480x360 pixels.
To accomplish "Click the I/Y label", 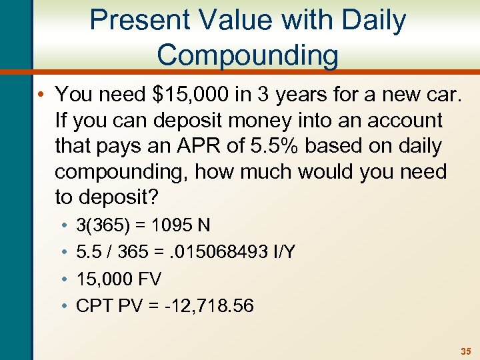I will tap(282, 252).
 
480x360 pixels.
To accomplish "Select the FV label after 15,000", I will tap(147, 279).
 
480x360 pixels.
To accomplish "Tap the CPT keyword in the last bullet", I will tap(92, 305).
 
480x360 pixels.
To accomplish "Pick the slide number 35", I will tap(465, 350).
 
